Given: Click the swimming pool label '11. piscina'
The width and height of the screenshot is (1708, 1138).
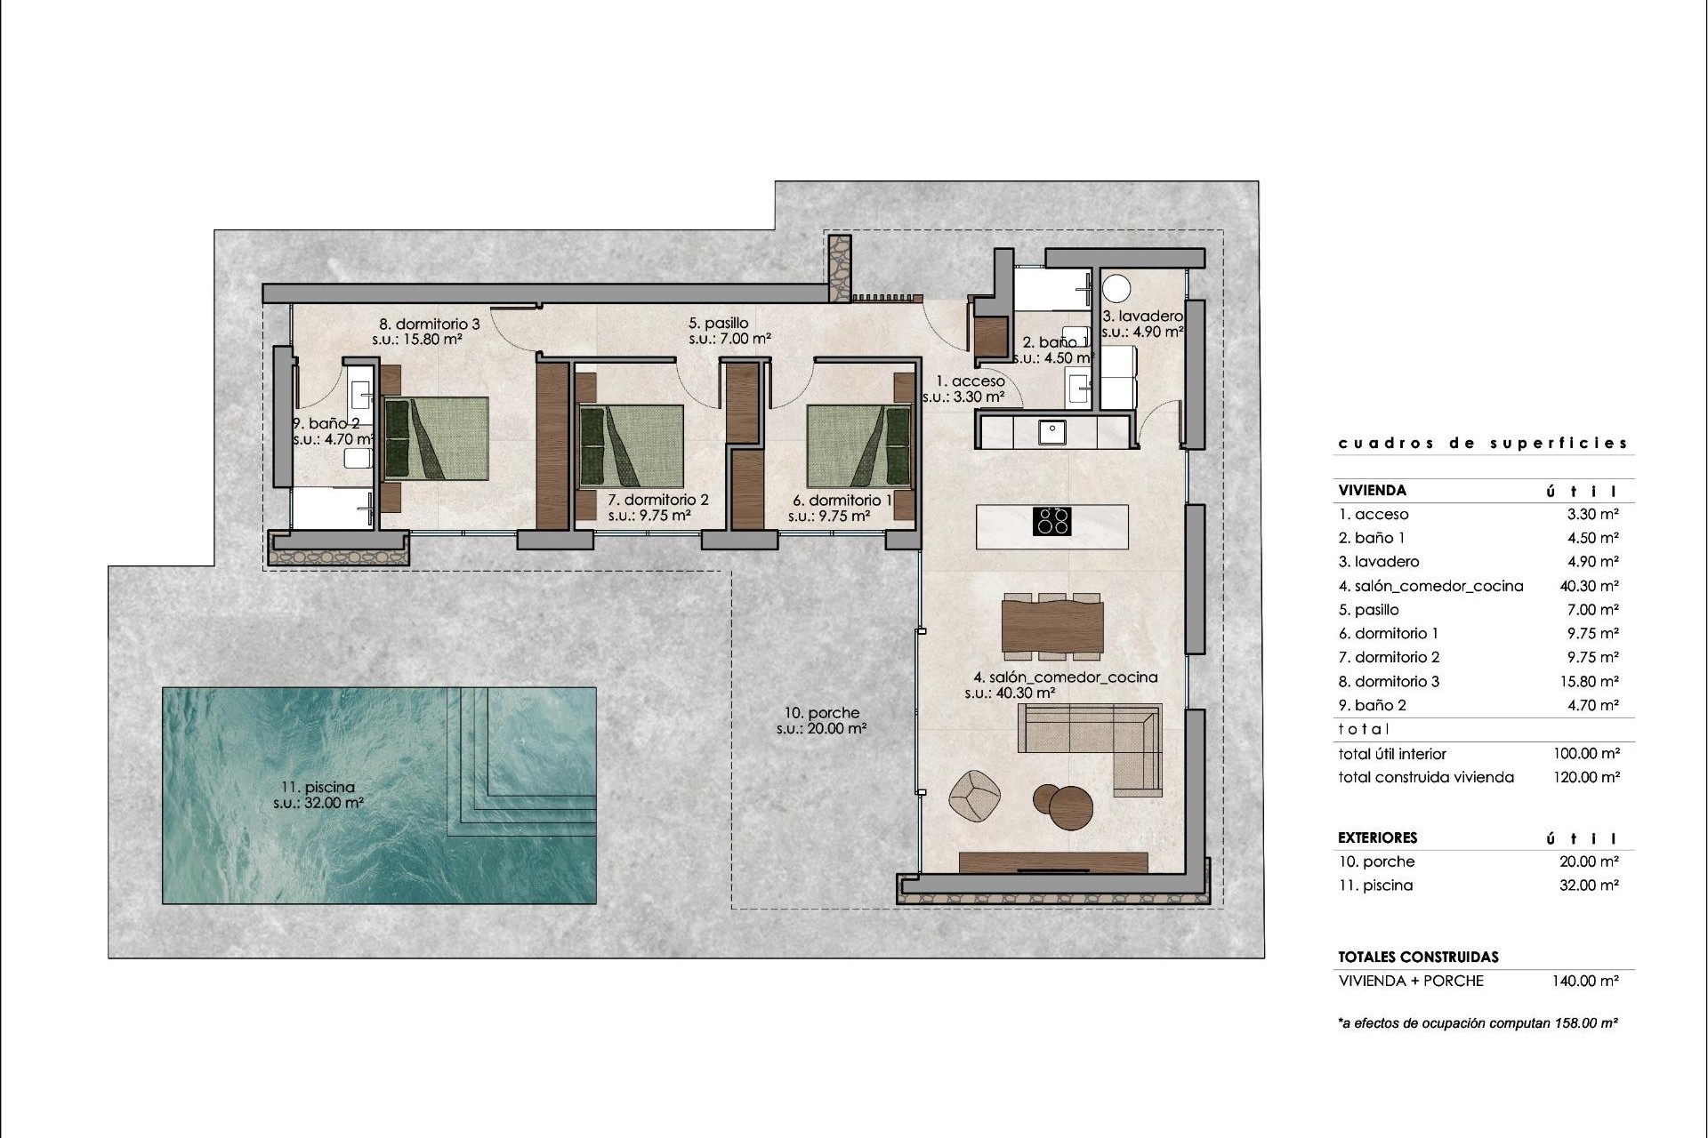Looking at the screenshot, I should (318, 787).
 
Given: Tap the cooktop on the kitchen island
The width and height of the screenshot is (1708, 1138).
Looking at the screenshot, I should (1051, 521).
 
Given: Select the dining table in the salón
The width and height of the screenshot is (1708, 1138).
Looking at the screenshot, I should (1052, 627).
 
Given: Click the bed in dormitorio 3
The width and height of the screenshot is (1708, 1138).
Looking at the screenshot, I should (436, 439).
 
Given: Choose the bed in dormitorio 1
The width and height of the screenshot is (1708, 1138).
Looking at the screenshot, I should (859, 447).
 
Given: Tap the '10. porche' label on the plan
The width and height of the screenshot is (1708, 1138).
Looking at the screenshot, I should (822, 713).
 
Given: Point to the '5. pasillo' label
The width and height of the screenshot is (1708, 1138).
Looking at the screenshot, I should (718, 323).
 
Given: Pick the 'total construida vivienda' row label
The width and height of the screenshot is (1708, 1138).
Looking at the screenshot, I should (1425, 777).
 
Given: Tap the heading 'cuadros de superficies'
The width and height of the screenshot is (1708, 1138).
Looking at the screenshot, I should (1483, 443).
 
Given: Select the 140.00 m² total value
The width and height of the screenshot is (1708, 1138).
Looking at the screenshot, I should (1586, 981).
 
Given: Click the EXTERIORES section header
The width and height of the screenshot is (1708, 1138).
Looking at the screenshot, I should (1377, 837).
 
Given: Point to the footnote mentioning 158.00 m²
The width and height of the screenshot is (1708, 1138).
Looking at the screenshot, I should (1477, 1023).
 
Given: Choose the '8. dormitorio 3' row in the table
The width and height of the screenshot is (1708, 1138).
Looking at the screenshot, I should (1389, 681).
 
